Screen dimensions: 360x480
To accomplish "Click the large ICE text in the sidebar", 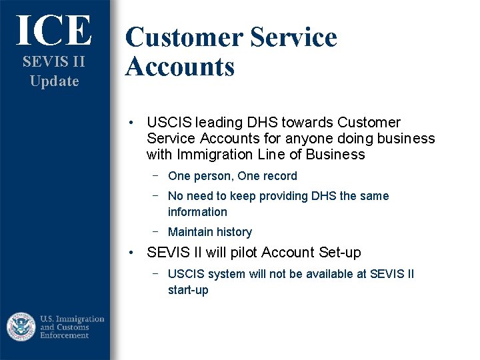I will point(54,31).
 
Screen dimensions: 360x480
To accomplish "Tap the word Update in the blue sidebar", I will point(54,81).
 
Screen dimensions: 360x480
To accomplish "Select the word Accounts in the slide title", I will point(180,67).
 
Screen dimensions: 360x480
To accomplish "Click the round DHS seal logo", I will point(21,327).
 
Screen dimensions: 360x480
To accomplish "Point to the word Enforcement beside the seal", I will point(65,335).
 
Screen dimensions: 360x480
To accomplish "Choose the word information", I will point(197,212).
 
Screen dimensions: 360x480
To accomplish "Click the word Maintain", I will point(190,232).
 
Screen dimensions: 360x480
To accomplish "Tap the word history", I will point(233,232).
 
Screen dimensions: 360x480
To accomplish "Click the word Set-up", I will point(338,253).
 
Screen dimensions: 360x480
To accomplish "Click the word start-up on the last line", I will point(188,290).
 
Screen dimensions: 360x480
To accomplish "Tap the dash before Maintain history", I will point(155,231).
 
